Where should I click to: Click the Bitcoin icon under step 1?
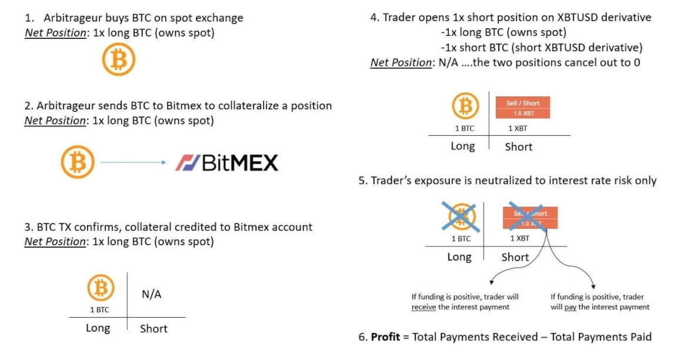[x=119, y=60]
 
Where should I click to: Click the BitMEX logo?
[x=226, y=162]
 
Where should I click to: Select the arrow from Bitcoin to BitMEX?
[x=134, y=163]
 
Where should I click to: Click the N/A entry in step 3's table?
[x=151, y=295]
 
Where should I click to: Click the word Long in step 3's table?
[x=98, y=328]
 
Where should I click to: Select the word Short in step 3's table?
[x=154, y=329]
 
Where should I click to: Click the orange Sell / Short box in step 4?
[x=522, y=108]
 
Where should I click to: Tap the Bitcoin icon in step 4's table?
[x=465, y=107]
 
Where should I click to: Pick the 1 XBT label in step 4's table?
[x=517, y=129]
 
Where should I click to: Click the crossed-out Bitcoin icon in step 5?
[x=462, y=216]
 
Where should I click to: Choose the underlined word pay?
[x=569, y=307]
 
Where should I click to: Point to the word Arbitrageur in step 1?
[x=74, y=18]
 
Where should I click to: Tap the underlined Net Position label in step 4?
[x=401, y=63]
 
